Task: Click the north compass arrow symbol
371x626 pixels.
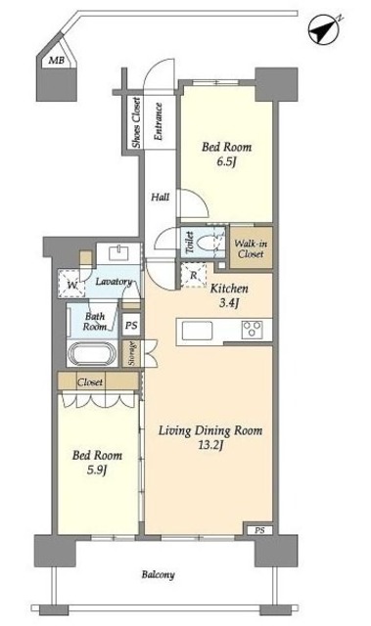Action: pos(324,28)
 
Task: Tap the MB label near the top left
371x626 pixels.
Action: pos(57,61)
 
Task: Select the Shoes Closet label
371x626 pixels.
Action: pos(137,122)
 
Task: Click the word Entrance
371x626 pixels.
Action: pos(159,121)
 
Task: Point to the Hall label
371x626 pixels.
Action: pos(161,197)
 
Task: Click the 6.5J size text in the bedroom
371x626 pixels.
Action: pos(226,162)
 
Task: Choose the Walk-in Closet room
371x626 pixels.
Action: pos(251,247)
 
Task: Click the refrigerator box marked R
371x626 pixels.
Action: pos(193,275)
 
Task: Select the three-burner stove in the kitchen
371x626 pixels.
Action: pos(252,330)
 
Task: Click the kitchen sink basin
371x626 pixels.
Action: pos(198,331)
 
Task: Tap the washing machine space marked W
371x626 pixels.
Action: pos(71,284)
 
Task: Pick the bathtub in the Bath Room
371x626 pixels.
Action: pos(92,353)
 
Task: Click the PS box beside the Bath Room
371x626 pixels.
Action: pos(131,325)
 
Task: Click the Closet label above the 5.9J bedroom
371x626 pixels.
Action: pos(90,382)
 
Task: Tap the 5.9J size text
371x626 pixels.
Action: pos(98,470)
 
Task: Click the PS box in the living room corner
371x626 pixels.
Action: pos(259,530)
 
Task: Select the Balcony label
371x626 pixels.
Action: pos(159,575)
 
